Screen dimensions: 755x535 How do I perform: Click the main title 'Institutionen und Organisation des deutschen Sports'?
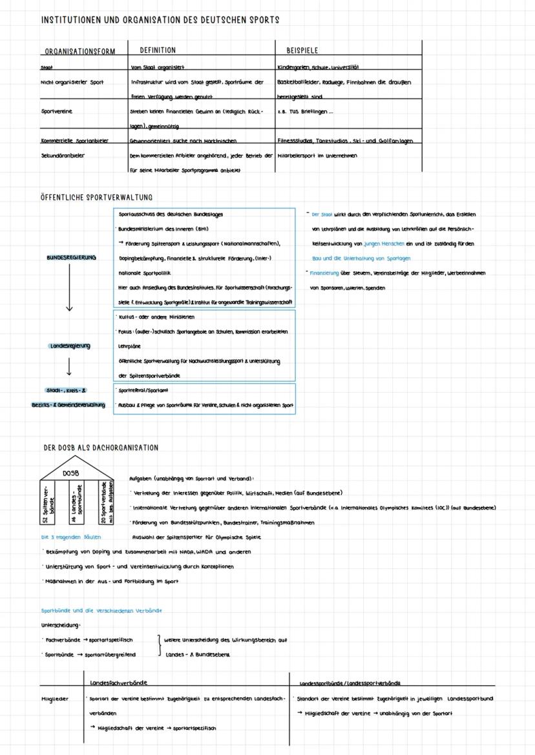160,20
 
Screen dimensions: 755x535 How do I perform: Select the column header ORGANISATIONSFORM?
79,52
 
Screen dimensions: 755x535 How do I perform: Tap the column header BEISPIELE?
302,50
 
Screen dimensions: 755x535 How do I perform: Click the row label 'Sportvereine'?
56,111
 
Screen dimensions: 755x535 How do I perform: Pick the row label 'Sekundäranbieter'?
63,156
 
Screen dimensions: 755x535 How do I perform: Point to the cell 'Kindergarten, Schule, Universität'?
318,67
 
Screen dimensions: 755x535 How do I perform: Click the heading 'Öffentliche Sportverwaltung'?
97,197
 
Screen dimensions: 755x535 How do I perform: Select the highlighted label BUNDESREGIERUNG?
71,257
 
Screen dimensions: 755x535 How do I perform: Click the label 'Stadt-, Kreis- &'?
67,390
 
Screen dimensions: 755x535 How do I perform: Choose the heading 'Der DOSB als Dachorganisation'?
101,448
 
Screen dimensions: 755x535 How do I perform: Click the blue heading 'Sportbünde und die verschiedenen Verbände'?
101,610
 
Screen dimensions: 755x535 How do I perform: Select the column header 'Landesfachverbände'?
119,682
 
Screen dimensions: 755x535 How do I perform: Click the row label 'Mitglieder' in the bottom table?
54,698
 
